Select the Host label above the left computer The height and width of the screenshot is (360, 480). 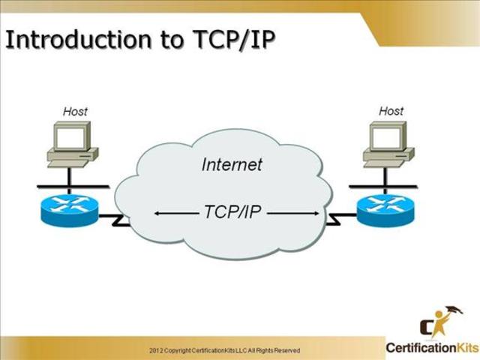[75, 111]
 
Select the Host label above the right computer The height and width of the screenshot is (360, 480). [391, 110]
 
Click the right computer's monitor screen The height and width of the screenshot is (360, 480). [385, 136]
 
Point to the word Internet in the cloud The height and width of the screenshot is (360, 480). [232, 164]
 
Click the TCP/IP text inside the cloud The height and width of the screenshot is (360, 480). [232, 212]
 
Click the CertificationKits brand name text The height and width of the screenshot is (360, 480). [431, 347]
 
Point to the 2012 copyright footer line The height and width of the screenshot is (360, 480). [224, 350]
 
